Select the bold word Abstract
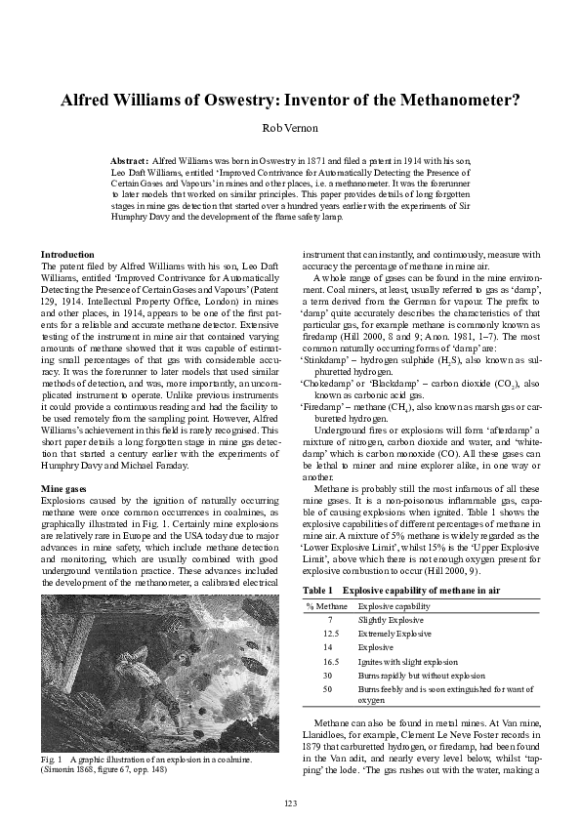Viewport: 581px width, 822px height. click(x=130, y=159)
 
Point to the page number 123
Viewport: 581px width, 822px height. click(x=290, y=802)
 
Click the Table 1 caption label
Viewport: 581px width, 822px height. click(x=318, y=592)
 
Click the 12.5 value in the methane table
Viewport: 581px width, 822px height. click(x=330, y=633)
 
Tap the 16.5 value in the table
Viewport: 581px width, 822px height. click(x=330, y=660)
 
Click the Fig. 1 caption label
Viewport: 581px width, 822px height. click(x=53, y=759)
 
